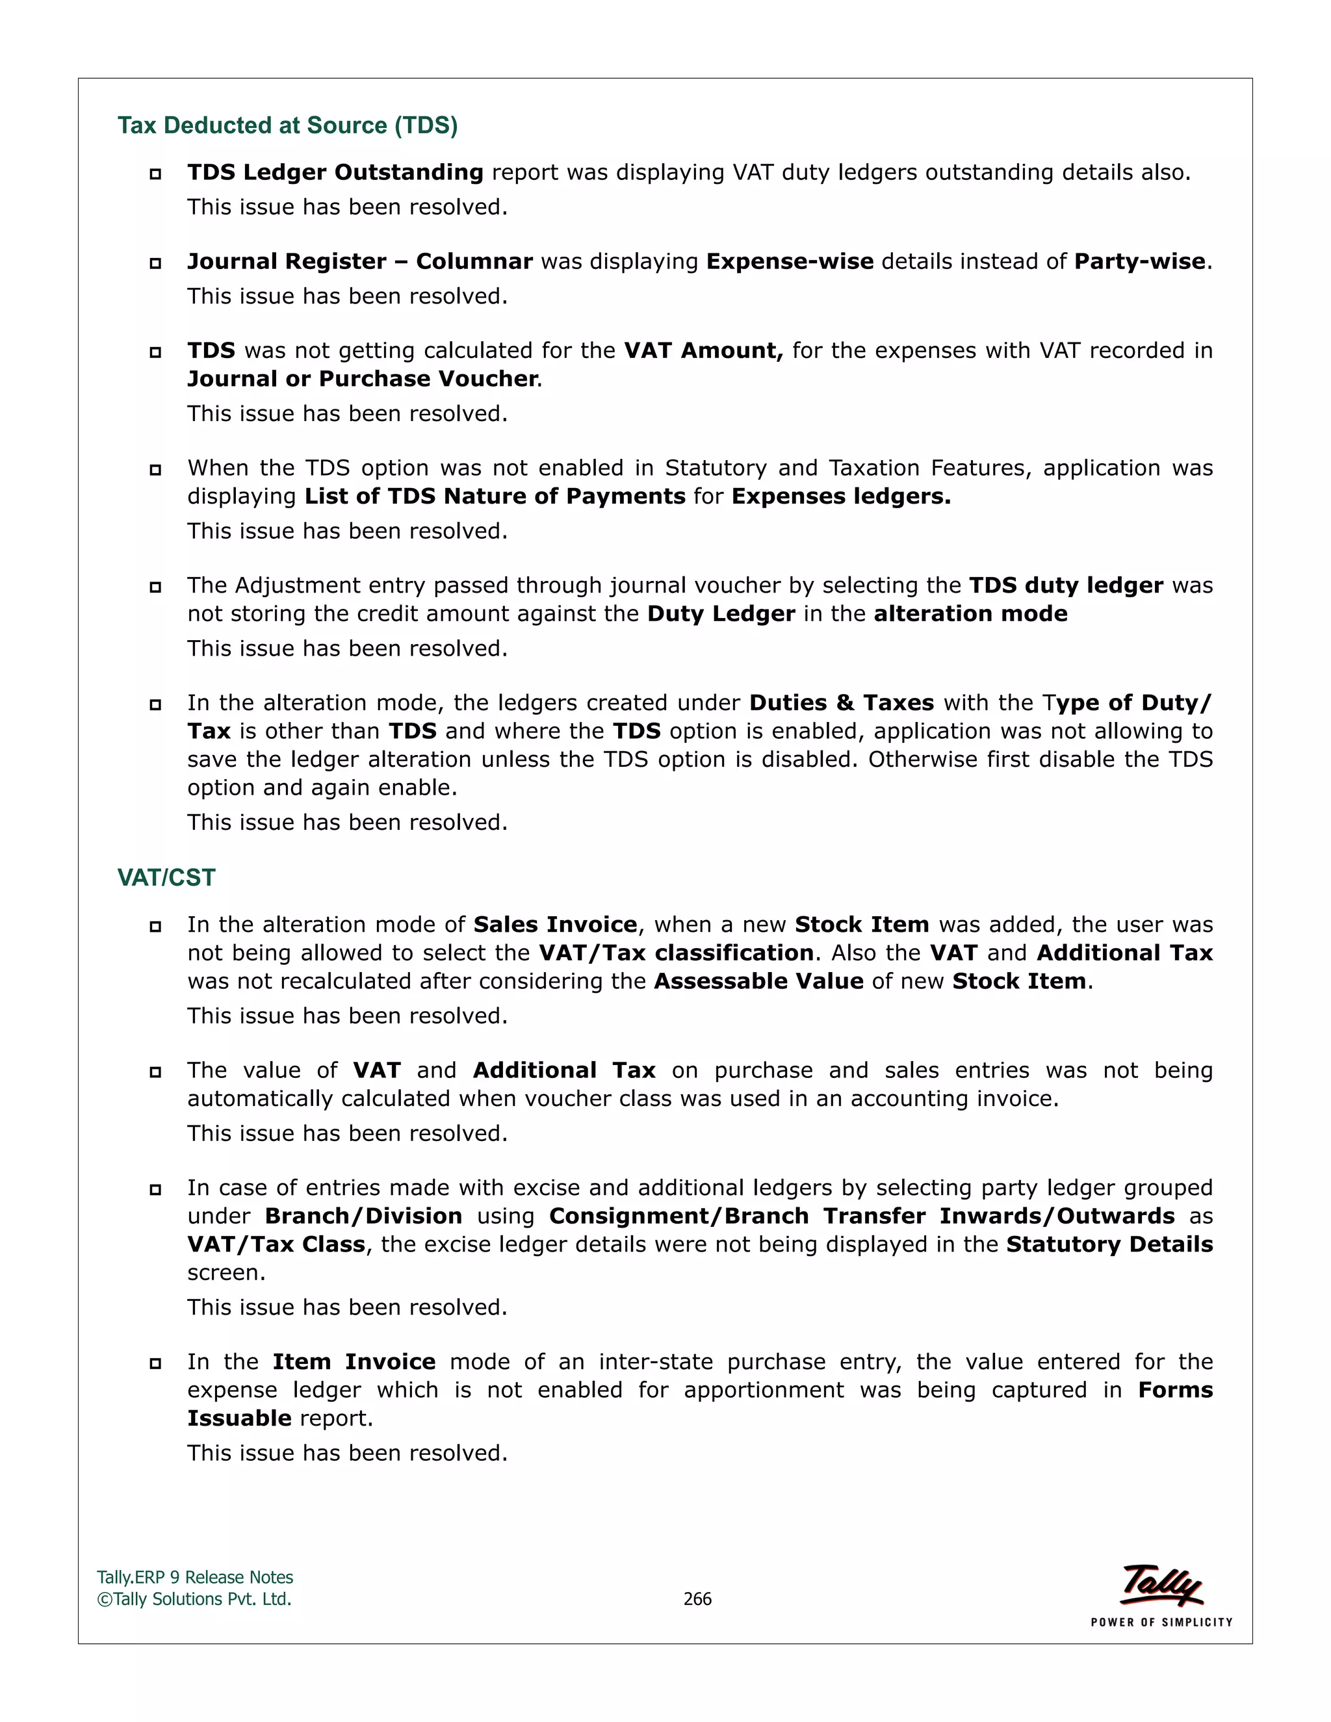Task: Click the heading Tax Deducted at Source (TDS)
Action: [287, 125]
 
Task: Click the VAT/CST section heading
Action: [166, 877]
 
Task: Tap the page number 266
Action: [697, 1599]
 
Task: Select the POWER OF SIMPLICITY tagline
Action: [1161, 1622]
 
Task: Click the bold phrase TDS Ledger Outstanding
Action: [335, 172]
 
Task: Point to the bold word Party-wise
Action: [1139, 261]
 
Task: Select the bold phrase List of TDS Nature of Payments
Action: [495, 496]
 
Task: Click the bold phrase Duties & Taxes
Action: [842, 702]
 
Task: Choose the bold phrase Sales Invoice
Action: [555, 924]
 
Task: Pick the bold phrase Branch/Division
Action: [363, 1216]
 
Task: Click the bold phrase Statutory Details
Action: [1109, 1244]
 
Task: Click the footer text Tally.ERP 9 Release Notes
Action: [195, 1577]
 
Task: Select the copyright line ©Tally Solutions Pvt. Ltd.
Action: [194, 1599]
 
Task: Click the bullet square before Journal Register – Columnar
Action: [155, 263]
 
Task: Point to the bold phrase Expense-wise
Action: [789, 261]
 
